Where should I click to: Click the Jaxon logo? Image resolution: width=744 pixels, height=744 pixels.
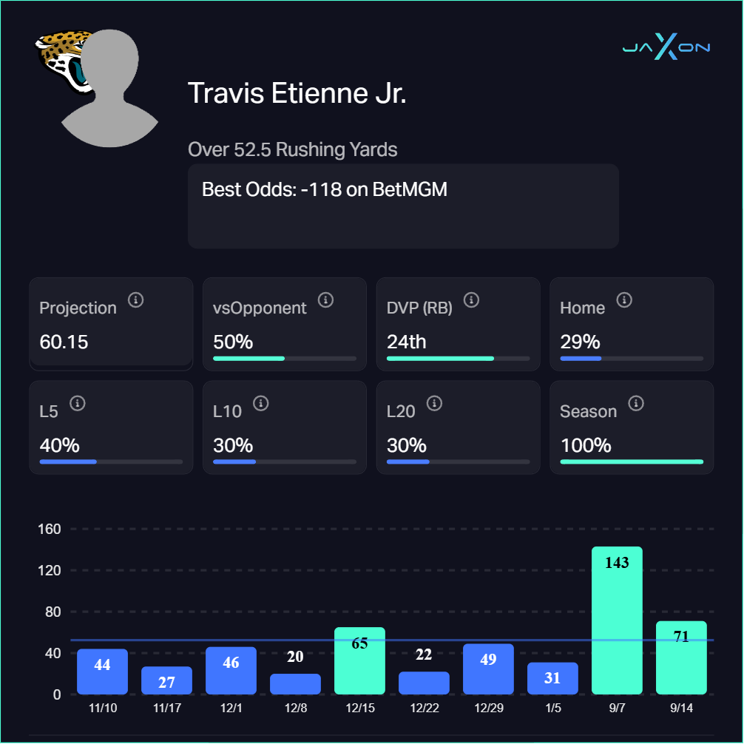point(666,48)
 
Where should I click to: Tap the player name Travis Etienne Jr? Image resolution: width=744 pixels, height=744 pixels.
point(297,94)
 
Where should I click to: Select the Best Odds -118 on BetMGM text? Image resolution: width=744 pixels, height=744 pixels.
point(325,189)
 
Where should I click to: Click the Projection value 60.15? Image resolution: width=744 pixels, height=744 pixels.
point(64,342)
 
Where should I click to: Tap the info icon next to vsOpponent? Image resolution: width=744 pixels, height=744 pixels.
point(325,300)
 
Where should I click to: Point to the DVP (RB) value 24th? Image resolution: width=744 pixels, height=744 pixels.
point(406,342)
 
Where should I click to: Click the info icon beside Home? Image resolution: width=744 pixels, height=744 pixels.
point(624,300)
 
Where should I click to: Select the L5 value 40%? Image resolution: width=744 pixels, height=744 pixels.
point(59,446)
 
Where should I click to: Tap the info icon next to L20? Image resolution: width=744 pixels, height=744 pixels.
point(435,403)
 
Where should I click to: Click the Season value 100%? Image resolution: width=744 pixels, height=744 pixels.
point(586,446)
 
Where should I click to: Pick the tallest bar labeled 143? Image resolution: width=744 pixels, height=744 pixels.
point(617,621)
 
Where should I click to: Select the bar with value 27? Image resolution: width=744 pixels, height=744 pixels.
point(166,680)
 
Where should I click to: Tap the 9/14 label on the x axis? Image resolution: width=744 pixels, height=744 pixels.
point(681,709)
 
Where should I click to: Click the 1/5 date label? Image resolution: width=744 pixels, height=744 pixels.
point(552,709)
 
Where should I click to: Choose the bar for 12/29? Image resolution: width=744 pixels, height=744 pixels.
point(488,669)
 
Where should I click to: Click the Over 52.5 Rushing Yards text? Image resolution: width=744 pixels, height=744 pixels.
point(293,149)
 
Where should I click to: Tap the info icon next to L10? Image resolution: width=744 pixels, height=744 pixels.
point(260,403)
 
